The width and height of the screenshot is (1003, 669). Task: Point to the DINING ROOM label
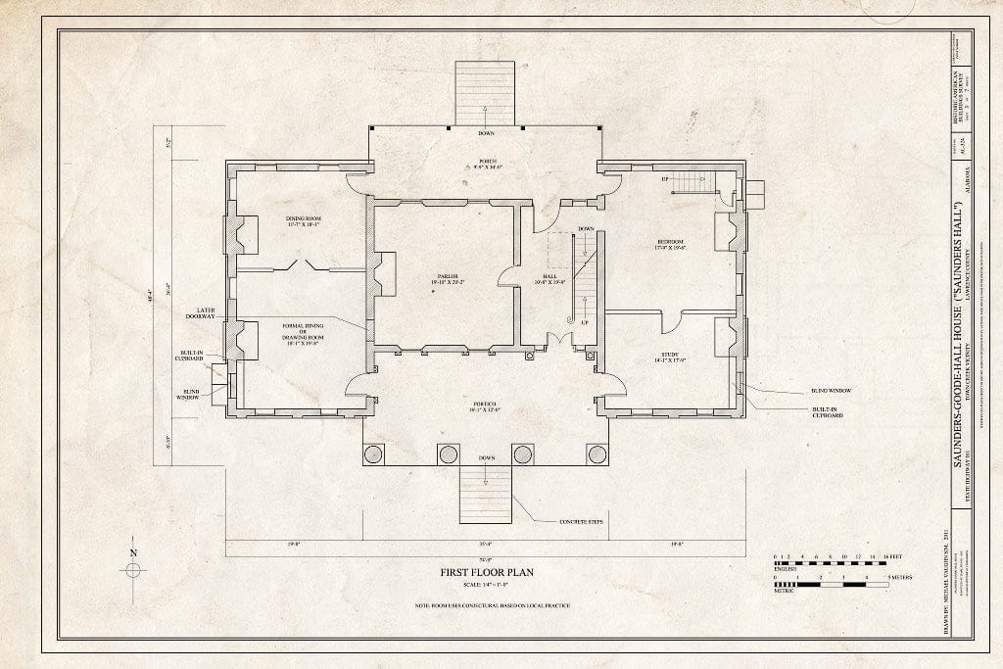tap(304, 220)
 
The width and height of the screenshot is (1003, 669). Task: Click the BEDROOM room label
tap(670, 244)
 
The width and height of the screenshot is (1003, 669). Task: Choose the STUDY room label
tap(669, 358)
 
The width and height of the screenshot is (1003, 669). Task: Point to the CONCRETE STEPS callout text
tap(579, 521)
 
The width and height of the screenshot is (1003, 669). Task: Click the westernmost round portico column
tap(374, 454)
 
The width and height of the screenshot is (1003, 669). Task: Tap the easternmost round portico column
tap(597, 454)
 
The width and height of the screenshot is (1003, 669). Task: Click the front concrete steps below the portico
tap(486, 495)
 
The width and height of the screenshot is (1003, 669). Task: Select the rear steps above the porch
tap(485, 93)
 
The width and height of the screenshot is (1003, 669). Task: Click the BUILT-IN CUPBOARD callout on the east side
tap(826, 412)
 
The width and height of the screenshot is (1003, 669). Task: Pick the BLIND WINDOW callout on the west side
tap(189, 394)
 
